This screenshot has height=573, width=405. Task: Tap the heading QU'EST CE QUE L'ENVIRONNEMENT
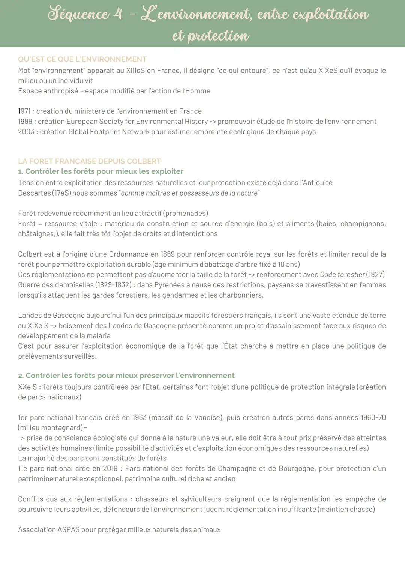[x=82, y=59]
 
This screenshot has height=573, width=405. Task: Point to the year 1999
[x=25, y=122]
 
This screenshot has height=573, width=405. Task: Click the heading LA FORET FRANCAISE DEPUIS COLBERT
[x=89, y=161]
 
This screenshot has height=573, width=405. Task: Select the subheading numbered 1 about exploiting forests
[x=100, y=171]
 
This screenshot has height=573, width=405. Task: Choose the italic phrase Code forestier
[x=342, y=275]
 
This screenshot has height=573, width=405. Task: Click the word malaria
[x=98, y=336]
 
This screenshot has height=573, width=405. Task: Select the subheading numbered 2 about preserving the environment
[x=126, y=376]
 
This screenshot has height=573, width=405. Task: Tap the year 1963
[x=139, y=418]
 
